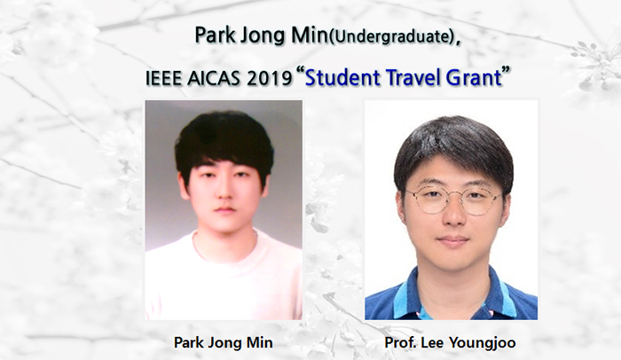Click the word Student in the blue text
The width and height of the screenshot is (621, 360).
pos(343,78)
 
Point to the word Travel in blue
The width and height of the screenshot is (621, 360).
pos(417,78)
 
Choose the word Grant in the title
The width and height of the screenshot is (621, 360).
pos(476,78)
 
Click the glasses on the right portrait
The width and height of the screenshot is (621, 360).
pos(452,199)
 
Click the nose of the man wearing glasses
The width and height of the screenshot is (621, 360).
pos(452,217)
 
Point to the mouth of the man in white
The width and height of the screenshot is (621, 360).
pos(224,210)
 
